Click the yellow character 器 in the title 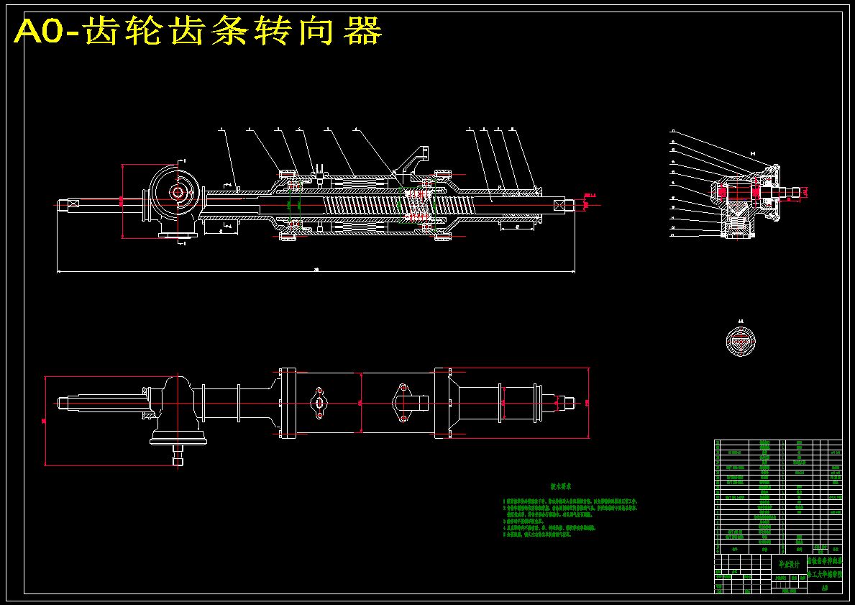(363, 32)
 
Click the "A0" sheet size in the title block (824, 587)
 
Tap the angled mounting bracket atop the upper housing (416, 160)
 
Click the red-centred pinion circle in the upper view (177, 192)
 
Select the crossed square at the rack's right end (562, 204)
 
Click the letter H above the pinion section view (753, 154)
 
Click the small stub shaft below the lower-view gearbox (177, 455)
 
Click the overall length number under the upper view (316, 270)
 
